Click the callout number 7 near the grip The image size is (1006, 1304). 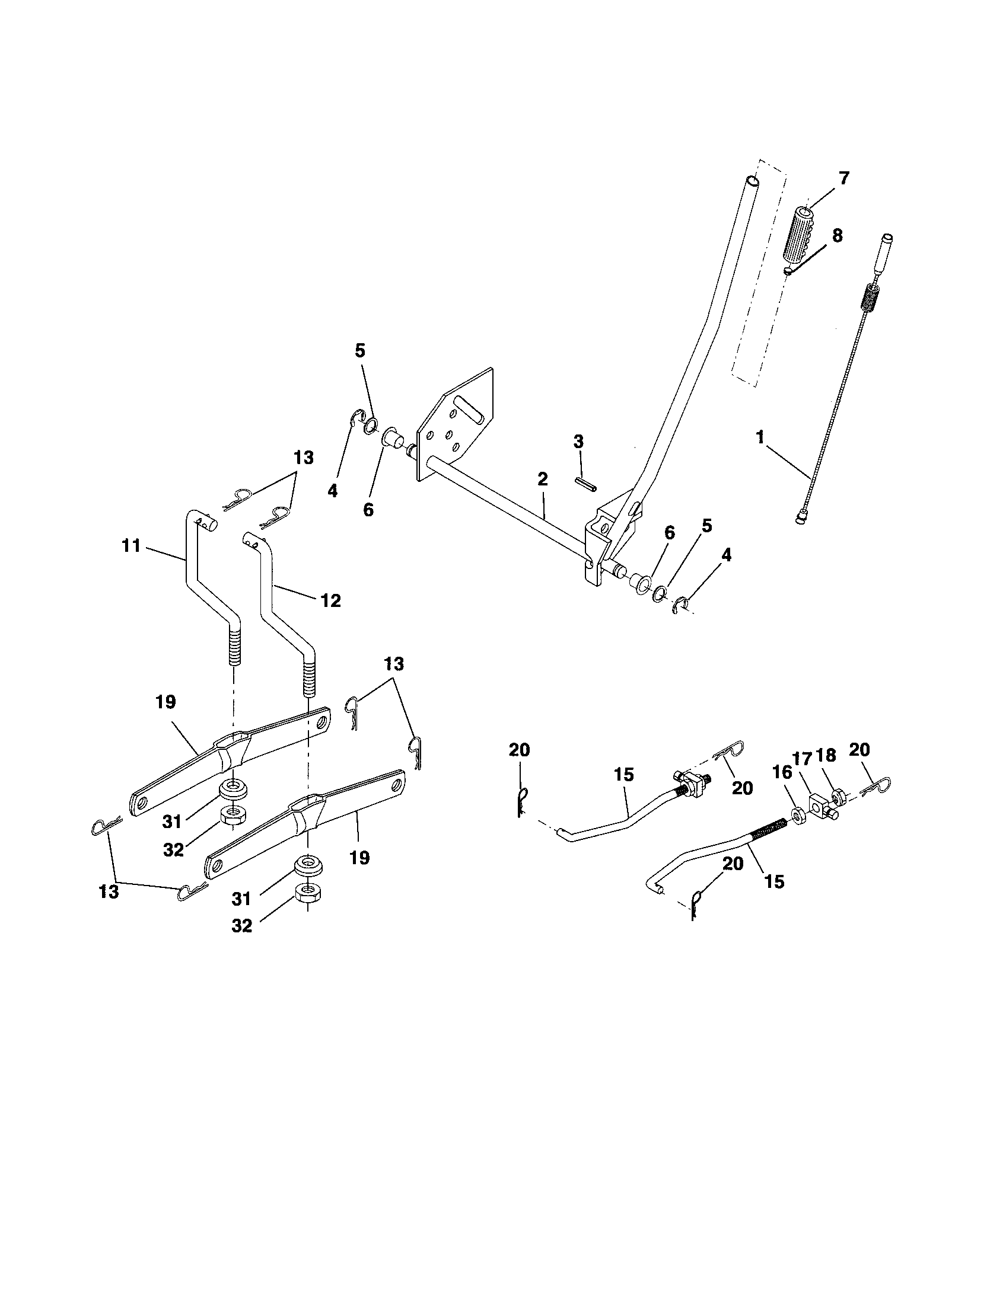coord(843,178)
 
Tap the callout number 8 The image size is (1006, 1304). coord(837,235)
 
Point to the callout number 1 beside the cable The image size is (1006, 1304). coord(760,437)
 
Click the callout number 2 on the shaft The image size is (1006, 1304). coord(542,479)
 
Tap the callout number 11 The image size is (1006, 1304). coord(131,545)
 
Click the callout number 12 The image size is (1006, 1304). coord(330,600)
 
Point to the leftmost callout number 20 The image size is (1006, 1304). coord(518,749)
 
